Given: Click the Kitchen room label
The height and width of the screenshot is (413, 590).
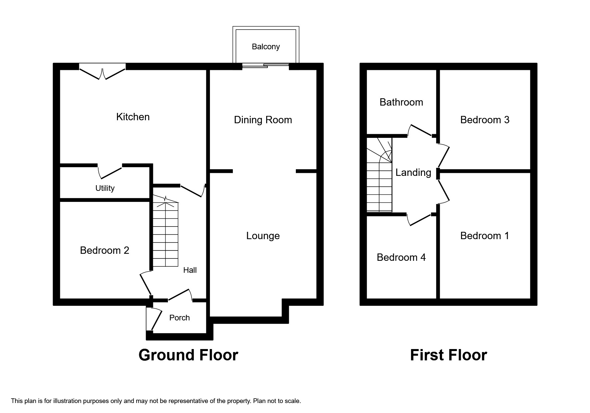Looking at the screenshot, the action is click(133, 117).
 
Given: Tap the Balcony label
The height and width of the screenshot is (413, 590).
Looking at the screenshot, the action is click(266, 47).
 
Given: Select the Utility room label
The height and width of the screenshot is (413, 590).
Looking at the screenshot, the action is click(105, 188).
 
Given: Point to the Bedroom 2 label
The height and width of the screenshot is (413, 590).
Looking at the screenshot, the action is click(104, 250).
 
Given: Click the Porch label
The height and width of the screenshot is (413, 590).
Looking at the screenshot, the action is click(179, 318).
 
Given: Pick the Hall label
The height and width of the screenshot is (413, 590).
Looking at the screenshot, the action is click(190, 270).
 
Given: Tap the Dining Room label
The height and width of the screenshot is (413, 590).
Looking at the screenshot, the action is click(263, 120).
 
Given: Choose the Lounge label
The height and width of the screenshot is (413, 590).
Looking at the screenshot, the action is click(263, 236).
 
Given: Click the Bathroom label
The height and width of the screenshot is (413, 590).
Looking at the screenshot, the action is click(401, 102).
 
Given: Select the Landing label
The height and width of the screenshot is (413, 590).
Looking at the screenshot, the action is click(413, 173).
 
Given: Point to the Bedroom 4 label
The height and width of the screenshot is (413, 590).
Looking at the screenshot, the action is click(401, 257).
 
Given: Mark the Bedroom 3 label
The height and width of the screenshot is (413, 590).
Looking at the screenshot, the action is click(485, 120).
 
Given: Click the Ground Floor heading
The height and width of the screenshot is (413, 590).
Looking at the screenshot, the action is click(188, 355).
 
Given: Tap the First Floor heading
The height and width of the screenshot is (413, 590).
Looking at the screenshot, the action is click(448, 355).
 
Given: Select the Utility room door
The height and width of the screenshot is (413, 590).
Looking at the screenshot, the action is click(110, 172).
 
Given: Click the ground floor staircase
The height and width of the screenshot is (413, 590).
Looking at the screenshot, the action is click(165, 233).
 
